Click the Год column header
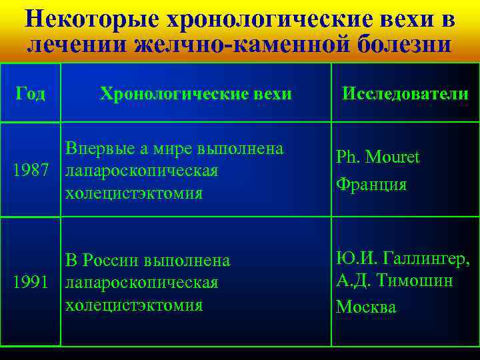coord(31,94)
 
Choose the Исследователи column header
coord(405,94)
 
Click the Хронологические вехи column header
coord(195,94)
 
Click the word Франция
coord(371,184)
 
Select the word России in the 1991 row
coord(116,261)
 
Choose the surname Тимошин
coord(413,281)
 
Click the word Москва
coord(366,307)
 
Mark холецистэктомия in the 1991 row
coord(133,306)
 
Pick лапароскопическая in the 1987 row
coord(141,171)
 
